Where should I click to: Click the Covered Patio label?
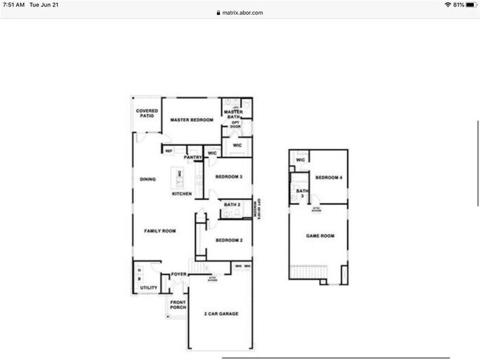pyautogui.click(x=147, y=114)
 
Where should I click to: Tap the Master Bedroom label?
pyautogui.click(x=192, y=120)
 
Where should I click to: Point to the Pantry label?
pyautogui.click(x=193, y=157)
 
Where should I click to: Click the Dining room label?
pyautogui.click(x=148, y=179)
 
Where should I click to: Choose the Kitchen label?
pyautogui.click(x=182, y=194)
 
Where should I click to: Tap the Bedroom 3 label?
pyautogui.click(x=229, y=177)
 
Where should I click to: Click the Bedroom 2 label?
pyautogui.click(x=229, y=240)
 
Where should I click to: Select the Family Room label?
pyautogui.click(x=160, y=231)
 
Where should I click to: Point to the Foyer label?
pyautogui.click(x=179, y=274)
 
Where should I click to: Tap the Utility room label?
pyautogui.click(x=148, y=288)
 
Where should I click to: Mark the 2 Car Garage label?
pyautogui.click(x=221, y=314)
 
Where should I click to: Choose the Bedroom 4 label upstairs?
pyautogui.click(x=328, y=177)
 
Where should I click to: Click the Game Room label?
pyautogui.click(x=320, y=236)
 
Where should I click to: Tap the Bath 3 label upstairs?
pyautogui.click(x=301, y=194)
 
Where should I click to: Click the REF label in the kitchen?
pyautogui.click(x=169, y=151)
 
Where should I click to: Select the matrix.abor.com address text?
pyautogui.click(x=243, y=13)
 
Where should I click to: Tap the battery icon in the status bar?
pyautogui.click(x=470, y=4)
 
